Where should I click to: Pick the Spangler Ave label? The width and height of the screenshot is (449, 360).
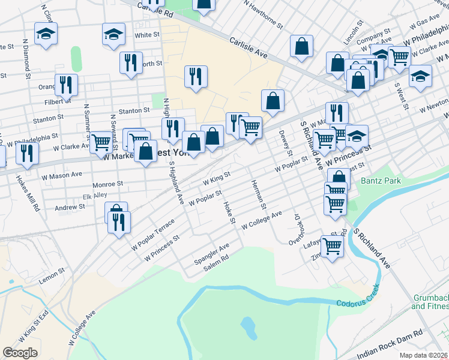(211, 255)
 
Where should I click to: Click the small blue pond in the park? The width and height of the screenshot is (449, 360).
(247, 326)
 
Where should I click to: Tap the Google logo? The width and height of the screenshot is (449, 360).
(20, 352)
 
